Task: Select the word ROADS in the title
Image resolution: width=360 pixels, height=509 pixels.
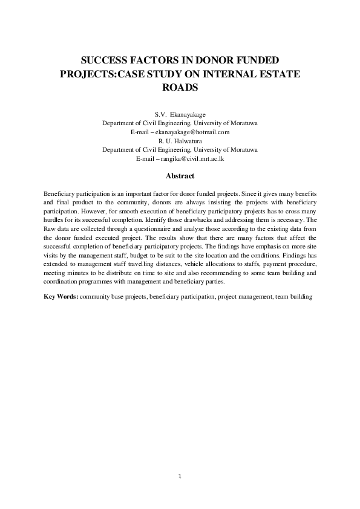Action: click(180, 86)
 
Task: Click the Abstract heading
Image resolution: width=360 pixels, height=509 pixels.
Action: click(180, 177)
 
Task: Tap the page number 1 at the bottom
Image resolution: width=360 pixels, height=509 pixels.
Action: click(180, 477)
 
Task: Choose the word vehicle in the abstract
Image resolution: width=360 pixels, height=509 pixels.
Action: click(212, 264)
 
